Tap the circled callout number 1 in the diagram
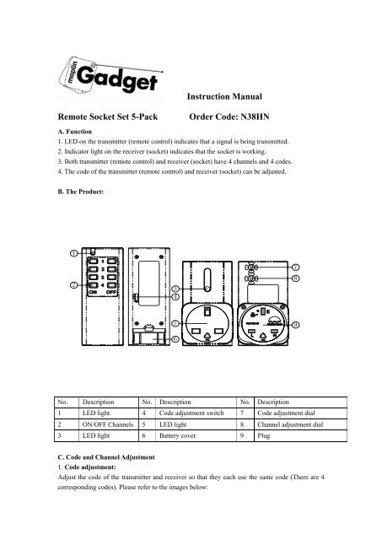(73, 252)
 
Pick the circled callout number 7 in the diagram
(296, 267)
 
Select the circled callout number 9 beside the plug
(296, 324)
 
